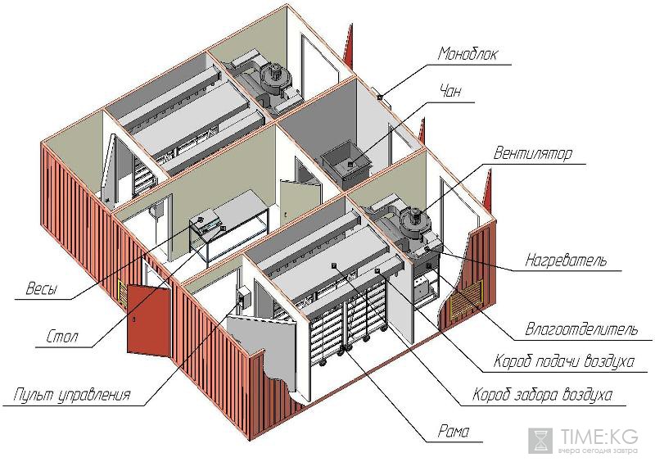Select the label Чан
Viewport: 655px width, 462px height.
(452, 91)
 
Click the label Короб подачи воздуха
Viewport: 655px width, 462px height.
(564, 361)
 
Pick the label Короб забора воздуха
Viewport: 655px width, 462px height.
(542, 396)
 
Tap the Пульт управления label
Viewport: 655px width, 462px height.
(71, 396)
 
